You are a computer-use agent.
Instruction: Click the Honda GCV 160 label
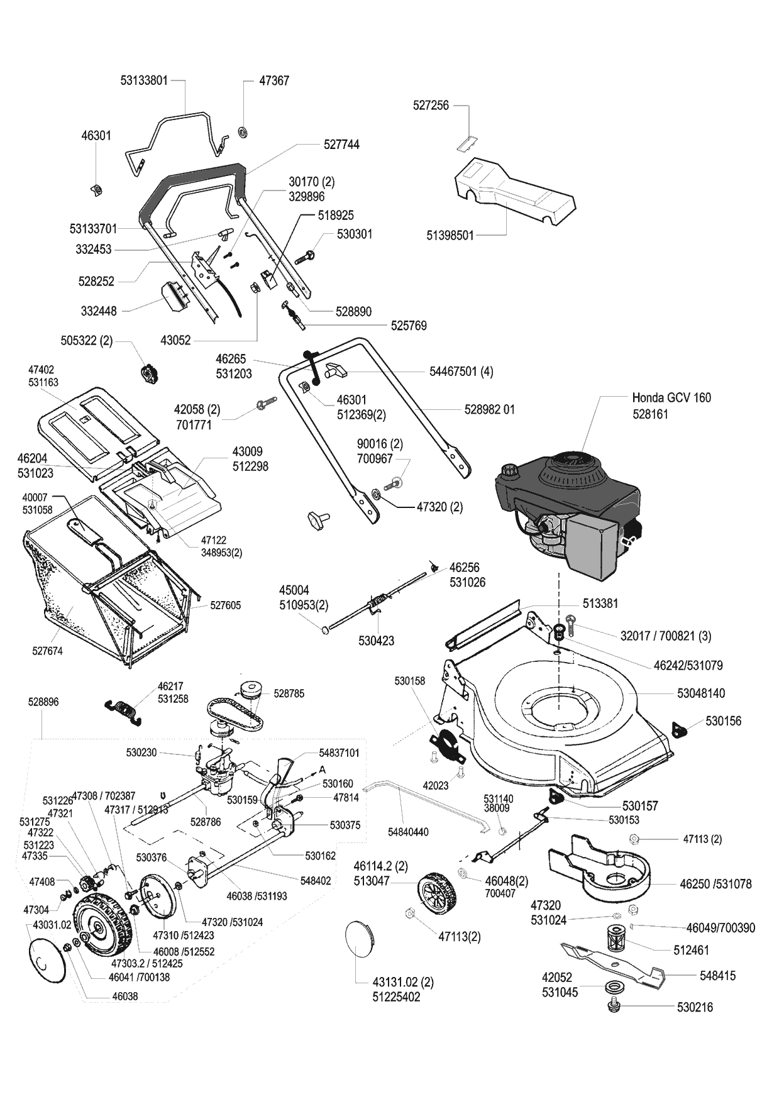[x=671, y=397]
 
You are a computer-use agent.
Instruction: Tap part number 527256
[x=431, y=106]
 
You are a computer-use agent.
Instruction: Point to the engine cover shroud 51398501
[x=516, y=189]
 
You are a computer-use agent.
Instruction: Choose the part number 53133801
[x=144, y=80]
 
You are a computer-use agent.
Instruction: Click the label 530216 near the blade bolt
[x=695, y=1007]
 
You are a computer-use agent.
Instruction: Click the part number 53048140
[x=701, y=693]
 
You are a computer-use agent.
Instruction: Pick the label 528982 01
[x=489, y=409]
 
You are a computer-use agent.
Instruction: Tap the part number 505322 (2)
[x=86, y=341]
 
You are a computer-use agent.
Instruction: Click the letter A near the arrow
[x=323, y=770]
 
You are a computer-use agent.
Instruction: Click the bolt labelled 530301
[x=355, y=234]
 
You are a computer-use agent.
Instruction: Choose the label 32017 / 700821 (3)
[x=666, y=636]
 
